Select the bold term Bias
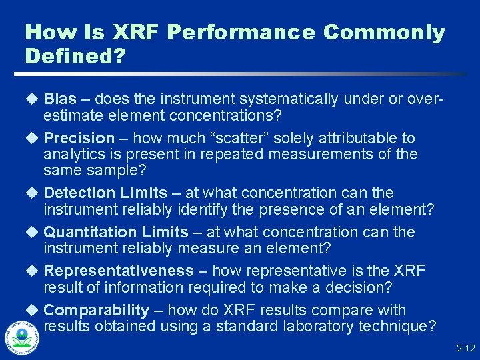coord(60,99)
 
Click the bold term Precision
coord(79,138)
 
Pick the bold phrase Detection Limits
coord(105,193)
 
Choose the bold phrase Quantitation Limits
coord(116,232)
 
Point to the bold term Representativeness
coord(118,271)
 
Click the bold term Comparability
coord(96,310)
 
